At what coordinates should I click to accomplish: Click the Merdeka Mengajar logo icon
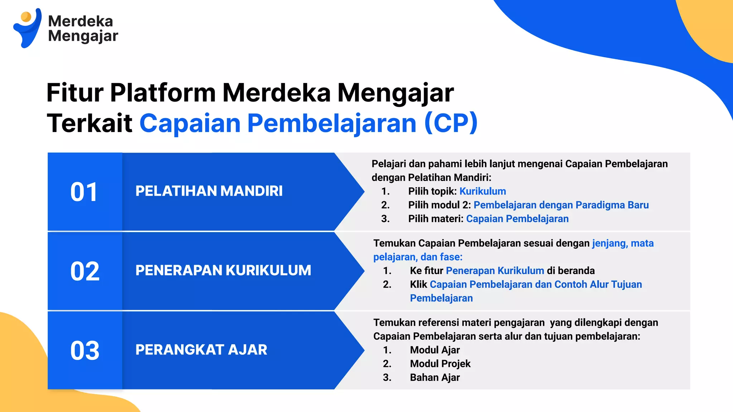[27, 28]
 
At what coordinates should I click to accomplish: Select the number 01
[84, 192]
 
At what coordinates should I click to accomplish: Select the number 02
[85, 271]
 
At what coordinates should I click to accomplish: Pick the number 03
[85, 350]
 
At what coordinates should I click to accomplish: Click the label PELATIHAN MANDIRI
[209, 191]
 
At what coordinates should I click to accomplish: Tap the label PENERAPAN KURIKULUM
[223, 270]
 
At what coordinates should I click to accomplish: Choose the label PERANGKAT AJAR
[201, 350]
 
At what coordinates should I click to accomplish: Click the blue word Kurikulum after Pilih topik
[482, 191]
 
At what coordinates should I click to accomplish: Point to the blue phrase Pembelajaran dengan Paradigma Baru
[561, 205]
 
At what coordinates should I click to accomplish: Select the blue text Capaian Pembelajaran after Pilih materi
[517, 219]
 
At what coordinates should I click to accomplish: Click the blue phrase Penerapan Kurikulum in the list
[495, 271]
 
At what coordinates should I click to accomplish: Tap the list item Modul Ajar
[435, 350]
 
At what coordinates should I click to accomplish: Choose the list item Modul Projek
[440, 364]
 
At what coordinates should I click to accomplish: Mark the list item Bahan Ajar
[435, 378]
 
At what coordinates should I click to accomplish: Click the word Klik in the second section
[418, 285]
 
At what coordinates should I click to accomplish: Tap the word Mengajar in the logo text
[83, 36]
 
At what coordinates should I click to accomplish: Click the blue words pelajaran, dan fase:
[418, 257]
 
